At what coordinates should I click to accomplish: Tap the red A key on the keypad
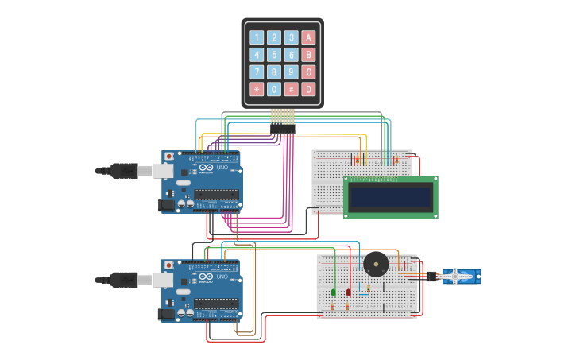(308, 37)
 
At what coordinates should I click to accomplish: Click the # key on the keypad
(291, 89)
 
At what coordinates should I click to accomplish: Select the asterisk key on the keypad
(256, 89)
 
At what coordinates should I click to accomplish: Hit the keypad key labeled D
(308, 89)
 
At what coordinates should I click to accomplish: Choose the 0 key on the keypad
(273, 89)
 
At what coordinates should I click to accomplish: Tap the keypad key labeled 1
(256, 37)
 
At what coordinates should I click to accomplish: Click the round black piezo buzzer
(376, 264)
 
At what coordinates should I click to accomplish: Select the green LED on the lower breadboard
(334, 292)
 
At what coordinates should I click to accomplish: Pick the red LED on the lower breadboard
(348, 292)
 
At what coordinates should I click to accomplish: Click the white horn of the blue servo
(456, 277)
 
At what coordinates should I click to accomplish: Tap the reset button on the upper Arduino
(168, 157)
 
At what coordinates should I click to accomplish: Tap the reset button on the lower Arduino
(168, 265)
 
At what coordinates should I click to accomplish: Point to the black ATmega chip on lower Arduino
(217, 303)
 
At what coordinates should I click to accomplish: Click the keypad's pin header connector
(282, 128)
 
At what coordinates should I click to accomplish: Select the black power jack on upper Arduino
(167, 205)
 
